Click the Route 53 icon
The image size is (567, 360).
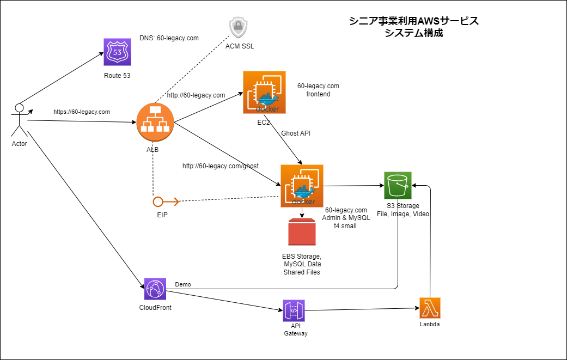click(117, 52)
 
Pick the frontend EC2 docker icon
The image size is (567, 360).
click(264, 93)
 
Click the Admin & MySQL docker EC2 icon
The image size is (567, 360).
click(302, 186)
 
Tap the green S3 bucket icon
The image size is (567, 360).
click(398, 186)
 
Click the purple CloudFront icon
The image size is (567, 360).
click(155, 289)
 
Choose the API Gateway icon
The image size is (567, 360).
click(294, 310)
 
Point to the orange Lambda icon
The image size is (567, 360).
click(430, 308)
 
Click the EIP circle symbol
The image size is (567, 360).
click(159, 202)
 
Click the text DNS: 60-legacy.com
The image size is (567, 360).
click(169, 38)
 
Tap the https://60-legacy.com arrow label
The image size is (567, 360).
click(82, 112)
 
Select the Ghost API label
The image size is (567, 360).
click(296, 133)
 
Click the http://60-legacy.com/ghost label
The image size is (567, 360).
click(221, 166)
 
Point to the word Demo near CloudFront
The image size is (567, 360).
click(183, 284)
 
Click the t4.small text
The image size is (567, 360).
click(345, 225)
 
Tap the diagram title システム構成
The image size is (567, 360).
click(413, 33)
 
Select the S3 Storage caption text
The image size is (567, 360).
click(403, 206)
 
